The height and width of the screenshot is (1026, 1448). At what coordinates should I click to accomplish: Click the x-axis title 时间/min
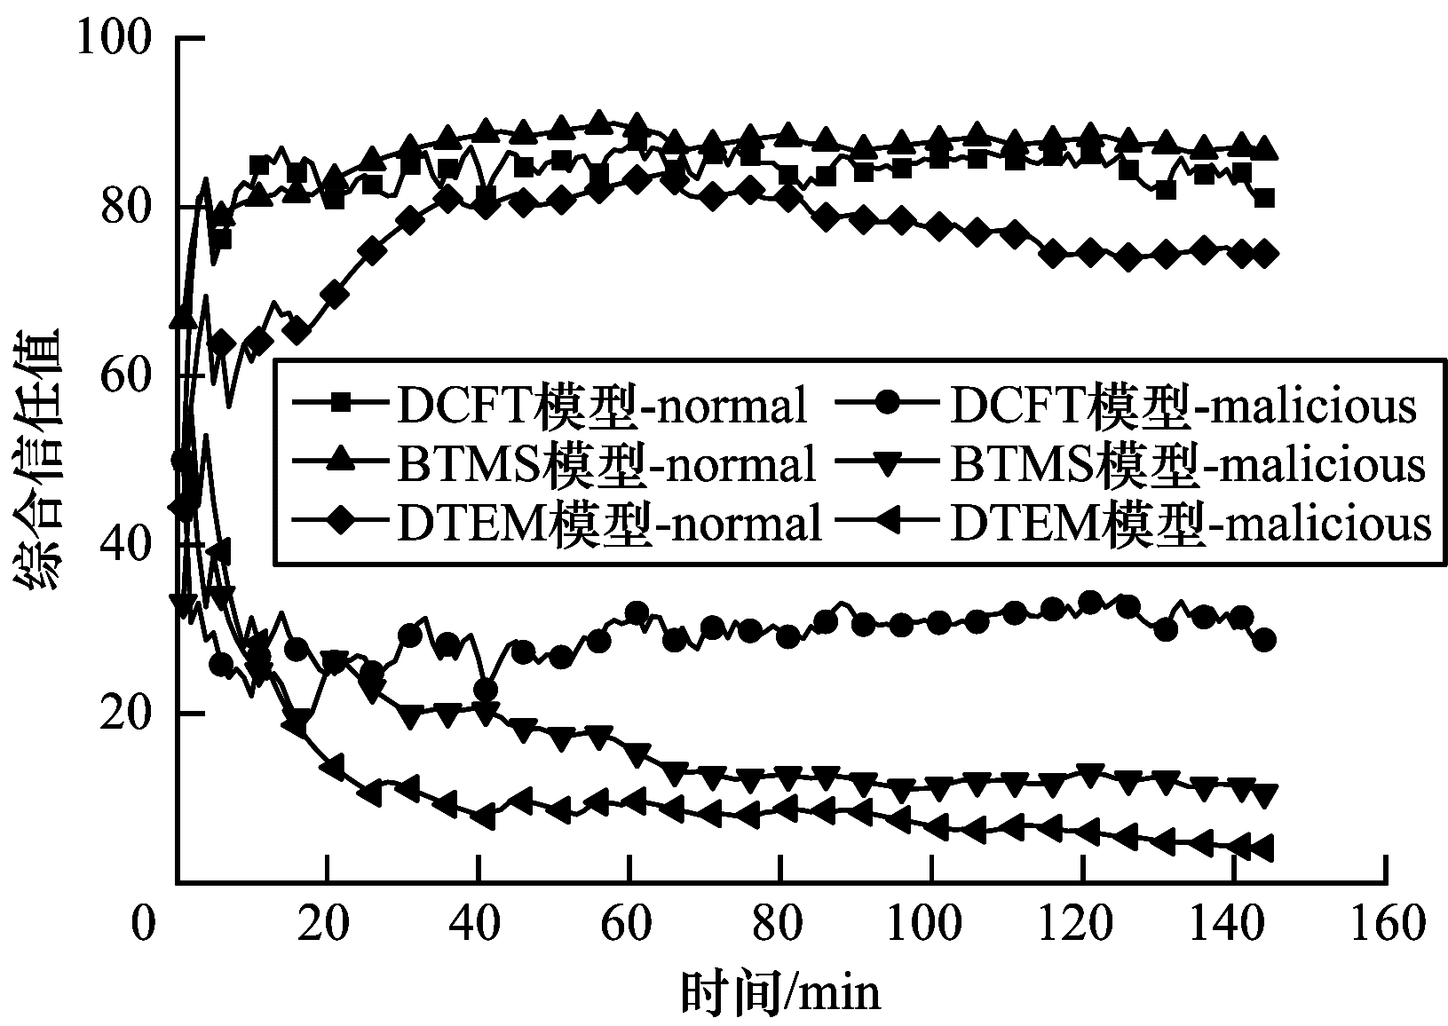pos(781,991)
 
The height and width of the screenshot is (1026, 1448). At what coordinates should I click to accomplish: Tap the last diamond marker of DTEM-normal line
pos(1265,254)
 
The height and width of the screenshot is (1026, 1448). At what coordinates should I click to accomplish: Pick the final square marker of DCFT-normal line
pos(1265,198)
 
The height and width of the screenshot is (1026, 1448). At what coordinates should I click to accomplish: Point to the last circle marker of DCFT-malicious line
pos(1265,639)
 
